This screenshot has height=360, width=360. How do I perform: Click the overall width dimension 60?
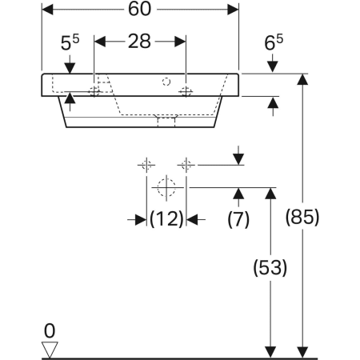[x=140, y=10]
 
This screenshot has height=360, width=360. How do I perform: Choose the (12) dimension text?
[x=167, y=218]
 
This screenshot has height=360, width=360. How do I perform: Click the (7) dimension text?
[x=239, y=218]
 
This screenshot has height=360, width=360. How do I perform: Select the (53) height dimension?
[x=270, y=270]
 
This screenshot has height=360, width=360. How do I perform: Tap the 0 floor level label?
[x=50, y=329]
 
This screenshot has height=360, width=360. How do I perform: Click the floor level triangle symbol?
[x=50, y=349]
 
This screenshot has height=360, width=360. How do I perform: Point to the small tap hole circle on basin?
[x=166, y=81]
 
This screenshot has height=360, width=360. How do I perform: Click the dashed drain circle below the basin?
[x=166, y=189]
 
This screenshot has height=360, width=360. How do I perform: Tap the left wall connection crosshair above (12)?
[x=146, y=166]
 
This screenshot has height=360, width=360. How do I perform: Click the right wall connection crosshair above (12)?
[x=186, y=166]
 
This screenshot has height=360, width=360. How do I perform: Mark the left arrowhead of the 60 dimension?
[x=46, y=10]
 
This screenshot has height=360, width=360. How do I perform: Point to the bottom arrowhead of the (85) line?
[x=302, y=351]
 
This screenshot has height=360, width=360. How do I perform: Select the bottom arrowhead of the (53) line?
[x=270, y=351]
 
